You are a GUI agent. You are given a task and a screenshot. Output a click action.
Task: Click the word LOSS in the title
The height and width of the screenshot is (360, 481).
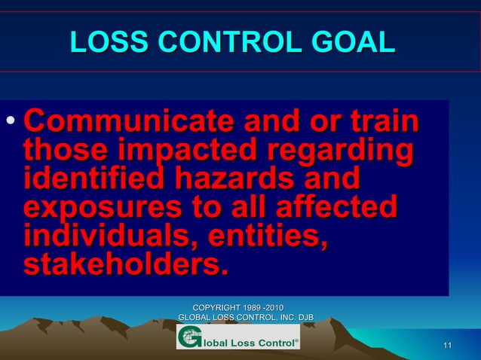(101, 43)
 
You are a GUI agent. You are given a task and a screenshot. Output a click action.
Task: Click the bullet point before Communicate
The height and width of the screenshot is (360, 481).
(9, 121)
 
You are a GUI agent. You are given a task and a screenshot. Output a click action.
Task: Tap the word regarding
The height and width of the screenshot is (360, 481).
(335, 151)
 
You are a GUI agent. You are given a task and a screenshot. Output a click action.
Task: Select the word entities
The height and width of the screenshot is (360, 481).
(270, 236)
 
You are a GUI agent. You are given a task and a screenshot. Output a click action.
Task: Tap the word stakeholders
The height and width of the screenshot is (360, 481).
(124, 264)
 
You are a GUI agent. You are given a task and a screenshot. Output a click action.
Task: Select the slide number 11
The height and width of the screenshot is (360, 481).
(448, 346)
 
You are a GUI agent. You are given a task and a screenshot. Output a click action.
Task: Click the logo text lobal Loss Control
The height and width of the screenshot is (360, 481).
(249, 340)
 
